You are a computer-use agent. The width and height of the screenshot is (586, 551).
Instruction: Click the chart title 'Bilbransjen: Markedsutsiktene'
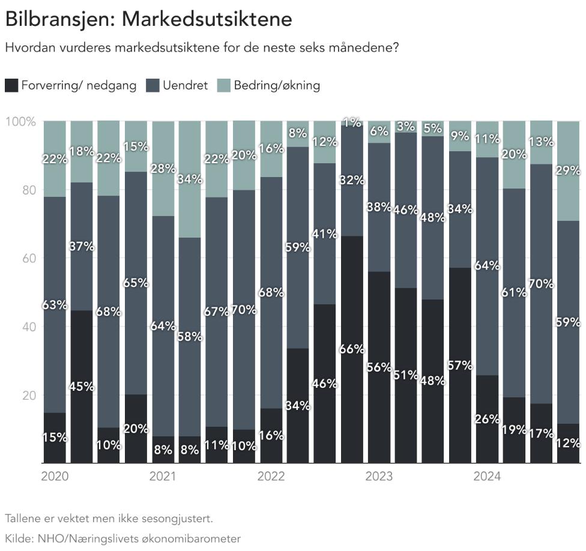click(x=149, y=19)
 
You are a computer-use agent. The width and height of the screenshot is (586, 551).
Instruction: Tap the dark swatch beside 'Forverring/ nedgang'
click(x=11, y=85)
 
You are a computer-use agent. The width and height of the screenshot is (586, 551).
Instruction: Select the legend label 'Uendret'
click(x=185, y=85)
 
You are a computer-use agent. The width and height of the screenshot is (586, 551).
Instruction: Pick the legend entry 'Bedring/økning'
click(x=277, y=85)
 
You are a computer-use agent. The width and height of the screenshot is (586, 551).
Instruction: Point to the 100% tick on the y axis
click(x=20, y=121)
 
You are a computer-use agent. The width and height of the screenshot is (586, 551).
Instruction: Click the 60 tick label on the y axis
click(x=29, y=258)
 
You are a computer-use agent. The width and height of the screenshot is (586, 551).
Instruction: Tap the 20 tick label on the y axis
click(x=29, y=395)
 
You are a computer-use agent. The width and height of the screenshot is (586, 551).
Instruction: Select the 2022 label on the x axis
click(x=271, y=477)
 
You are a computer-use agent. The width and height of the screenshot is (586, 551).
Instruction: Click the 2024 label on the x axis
click(x=487, y=477)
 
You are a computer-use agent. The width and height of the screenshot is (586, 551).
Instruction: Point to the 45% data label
click(x=82, y=387)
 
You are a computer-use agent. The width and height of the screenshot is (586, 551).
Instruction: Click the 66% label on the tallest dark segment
click(x=352, y=349)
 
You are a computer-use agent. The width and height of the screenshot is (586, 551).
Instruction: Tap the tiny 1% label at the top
click(x=352, y=122)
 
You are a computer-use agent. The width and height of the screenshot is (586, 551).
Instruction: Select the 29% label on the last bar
click(x=568, y=170)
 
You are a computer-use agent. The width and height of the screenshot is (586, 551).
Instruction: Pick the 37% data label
click(x=82, y=247)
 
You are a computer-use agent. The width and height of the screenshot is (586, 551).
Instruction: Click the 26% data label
click(x=487, y=419)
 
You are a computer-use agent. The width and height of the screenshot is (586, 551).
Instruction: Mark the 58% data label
click(x=190, y=337)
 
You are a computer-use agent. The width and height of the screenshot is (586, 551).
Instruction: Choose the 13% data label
click(x=541, y=142)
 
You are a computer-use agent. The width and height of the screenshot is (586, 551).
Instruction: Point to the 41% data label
click(x=325, y=234)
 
